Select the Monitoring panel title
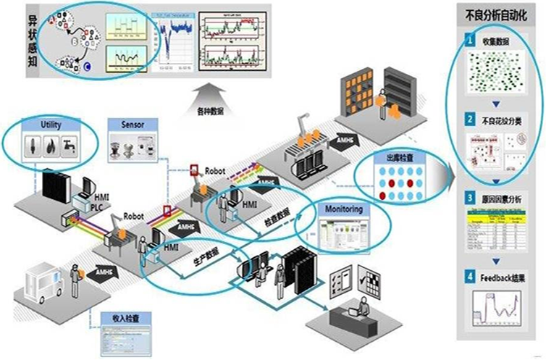(343, 209)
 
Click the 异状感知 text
(15, 40)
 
